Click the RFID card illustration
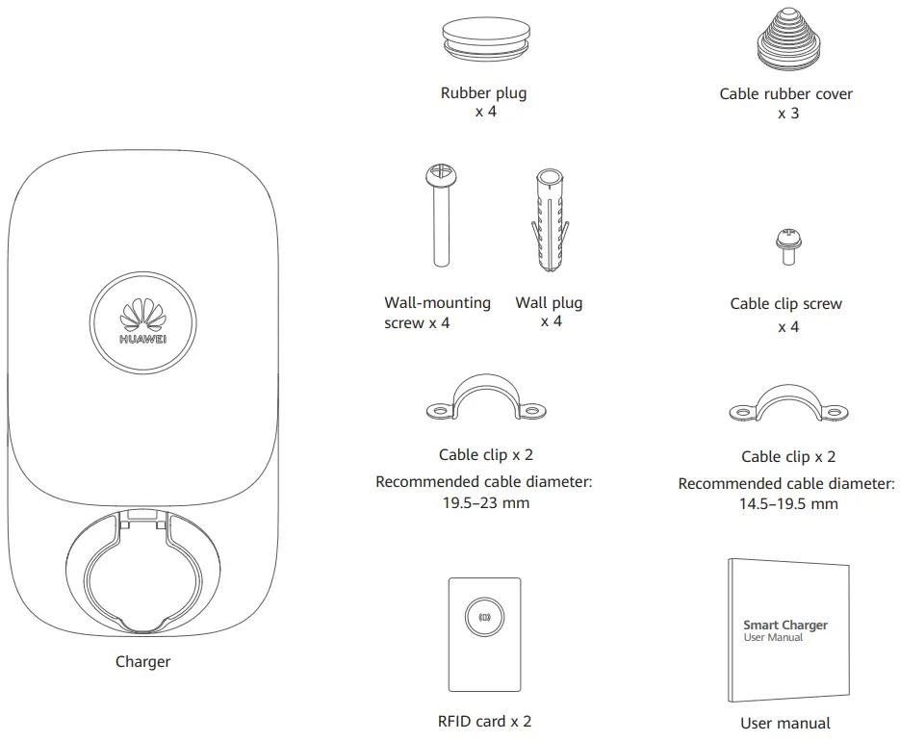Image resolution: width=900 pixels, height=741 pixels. click(x=484, y=636)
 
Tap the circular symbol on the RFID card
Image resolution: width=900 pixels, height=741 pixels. click(x=484, y=616)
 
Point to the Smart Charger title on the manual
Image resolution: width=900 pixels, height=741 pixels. click(x=784, y=626)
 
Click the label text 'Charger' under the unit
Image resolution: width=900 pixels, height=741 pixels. click(x=142, y=661)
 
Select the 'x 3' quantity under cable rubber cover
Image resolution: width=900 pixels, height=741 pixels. click(x=787, y=114)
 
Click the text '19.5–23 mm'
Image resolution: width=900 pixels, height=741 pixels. click(x=484, y=502)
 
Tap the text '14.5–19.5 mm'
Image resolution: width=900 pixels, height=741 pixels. click(x=786, y=504)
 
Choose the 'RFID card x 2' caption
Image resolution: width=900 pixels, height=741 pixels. click(x=484, y=720)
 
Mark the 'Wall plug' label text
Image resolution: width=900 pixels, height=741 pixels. click(x=549, y=302)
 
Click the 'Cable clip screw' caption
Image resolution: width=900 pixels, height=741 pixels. click(x=785, y=304)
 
